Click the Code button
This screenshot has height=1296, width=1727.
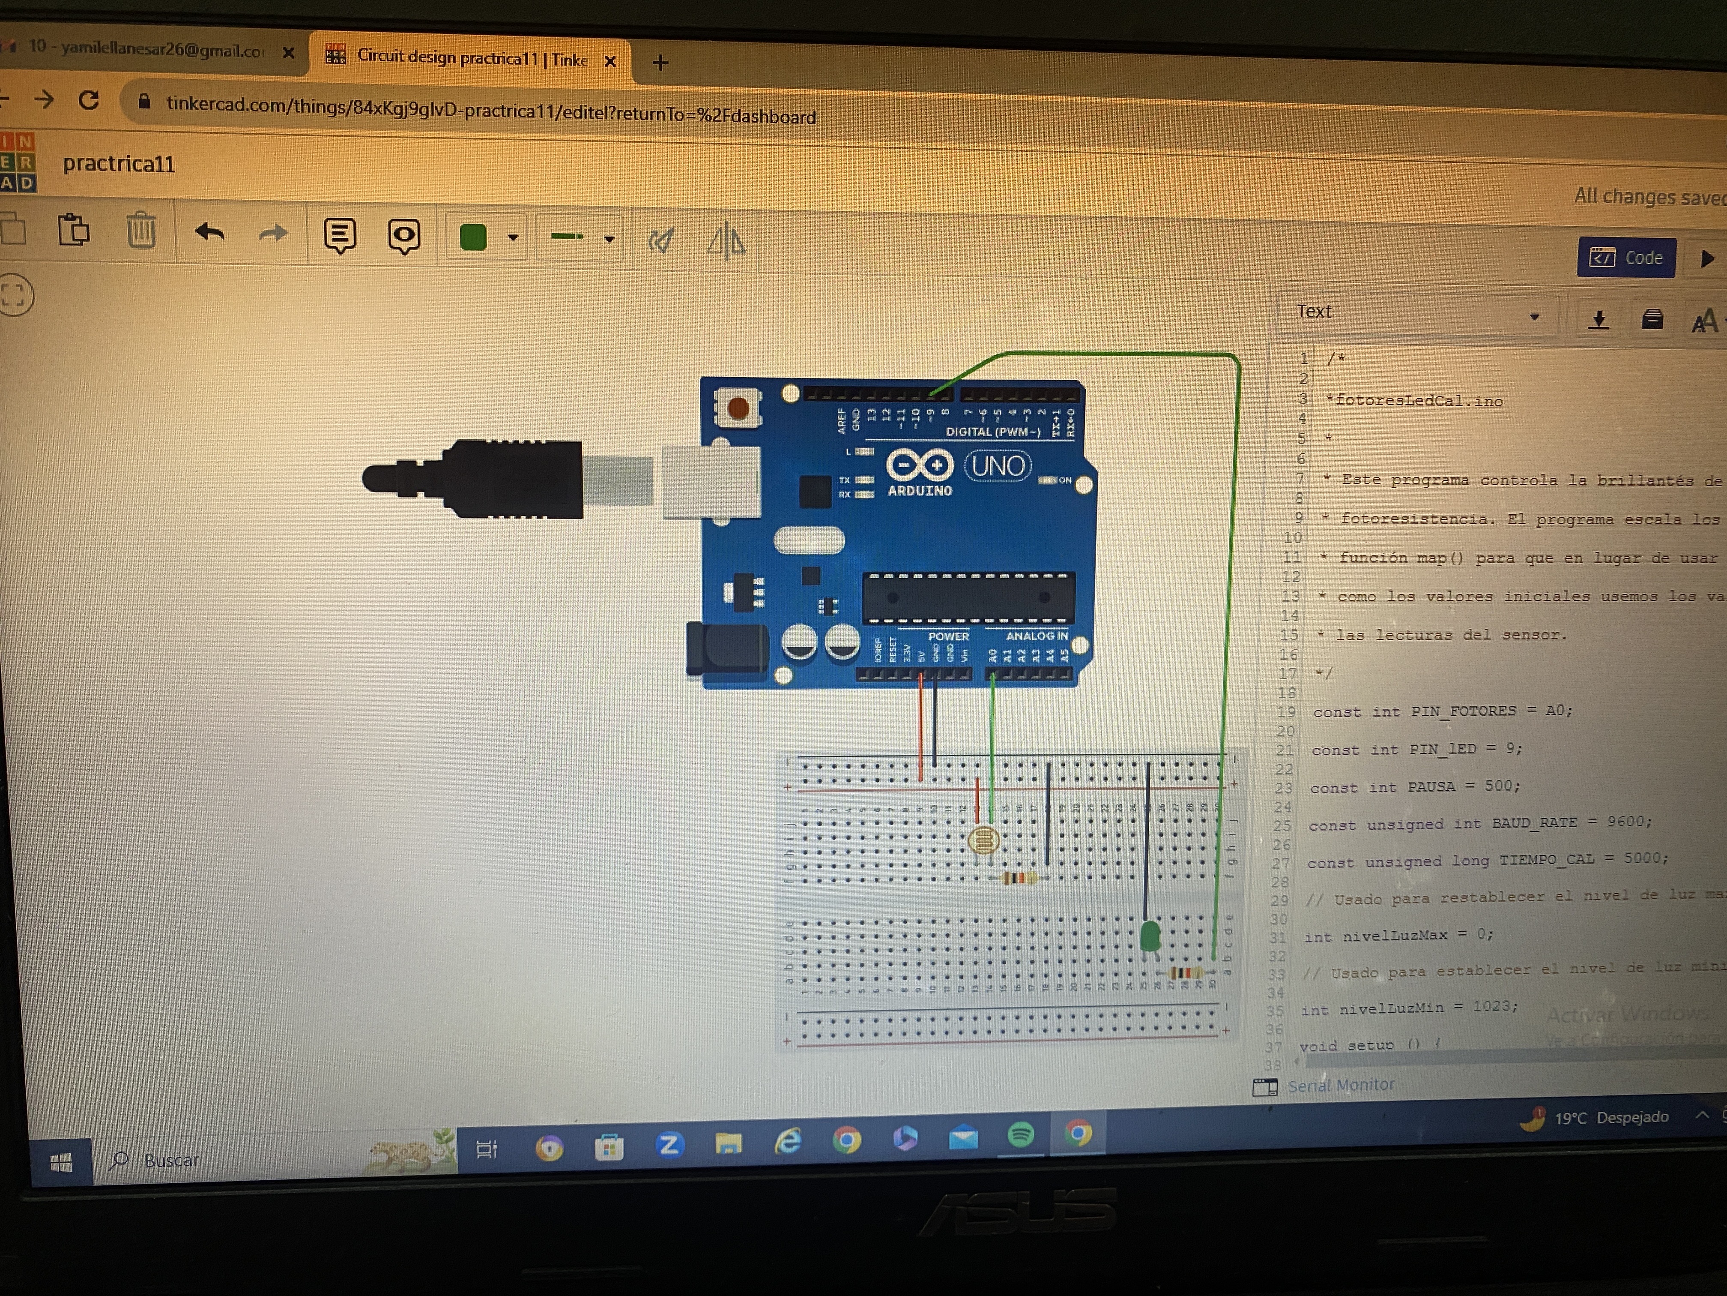[1626, 258]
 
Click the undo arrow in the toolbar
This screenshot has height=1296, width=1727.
[209, 232]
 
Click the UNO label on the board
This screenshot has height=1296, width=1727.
[998, 466]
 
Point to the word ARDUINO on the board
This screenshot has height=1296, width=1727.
[920, 491]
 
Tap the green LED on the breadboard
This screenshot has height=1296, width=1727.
[1149, 935]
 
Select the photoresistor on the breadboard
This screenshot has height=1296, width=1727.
[983, 840]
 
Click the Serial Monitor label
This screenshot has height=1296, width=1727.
[1340, 1085]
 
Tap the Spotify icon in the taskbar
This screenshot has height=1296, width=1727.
[1020, 1134]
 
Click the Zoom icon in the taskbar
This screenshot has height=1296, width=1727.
[668, 1144]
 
